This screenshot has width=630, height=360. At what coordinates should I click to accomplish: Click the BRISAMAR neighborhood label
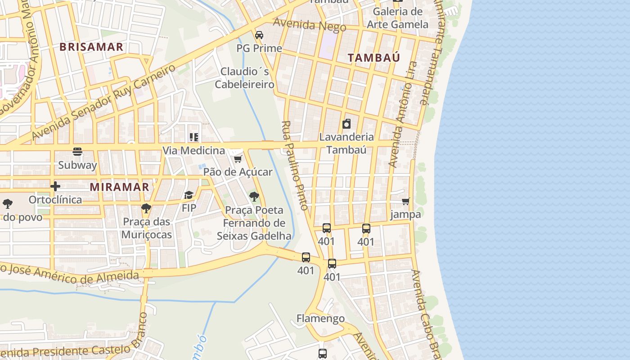(x=91, y=47)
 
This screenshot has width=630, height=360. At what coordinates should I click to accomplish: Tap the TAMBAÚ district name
(x=374, y=58)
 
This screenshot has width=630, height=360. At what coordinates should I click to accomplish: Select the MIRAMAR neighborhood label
(x=119, y=187)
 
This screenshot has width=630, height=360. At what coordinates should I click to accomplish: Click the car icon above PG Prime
(x=259, y=35)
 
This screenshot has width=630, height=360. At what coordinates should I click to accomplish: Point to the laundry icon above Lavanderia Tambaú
(x=346, y=124)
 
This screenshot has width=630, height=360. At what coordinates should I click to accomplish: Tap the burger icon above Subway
(x=77, y=152)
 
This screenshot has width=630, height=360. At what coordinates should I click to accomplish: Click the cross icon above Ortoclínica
(x=55, y=186)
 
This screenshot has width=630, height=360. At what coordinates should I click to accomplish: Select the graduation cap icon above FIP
(x=189, y=195)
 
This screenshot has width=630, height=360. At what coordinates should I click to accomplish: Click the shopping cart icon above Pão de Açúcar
(x=238, y=159)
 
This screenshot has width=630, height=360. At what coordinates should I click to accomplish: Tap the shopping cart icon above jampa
(x=406, y=201)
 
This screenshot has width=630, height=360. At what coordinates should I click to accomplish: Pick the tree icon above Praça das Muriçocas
(x=146, y=208)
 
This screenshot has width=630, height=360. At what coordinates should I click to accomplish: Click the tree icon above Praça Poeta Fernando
(x=254, y=196)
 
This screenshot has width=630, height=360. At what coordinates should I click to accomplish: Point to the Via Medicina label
(x=193, y=150)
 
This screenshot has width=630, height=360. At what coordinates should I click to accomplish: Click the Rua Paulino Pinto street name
(x=295, y=165)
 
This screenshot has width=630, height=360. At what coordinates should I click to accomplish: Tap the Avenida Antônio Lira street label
(x=403, y=115)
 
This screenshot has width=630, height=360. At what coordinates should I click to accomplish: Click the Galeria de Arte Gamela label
(x=397, y=18)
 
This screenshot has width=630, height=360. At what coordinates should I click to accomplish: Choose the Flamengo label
(x=320, y=319)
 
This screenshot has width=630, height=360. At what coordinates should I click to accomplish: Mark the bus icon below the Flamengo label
(x=323, y=354)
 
